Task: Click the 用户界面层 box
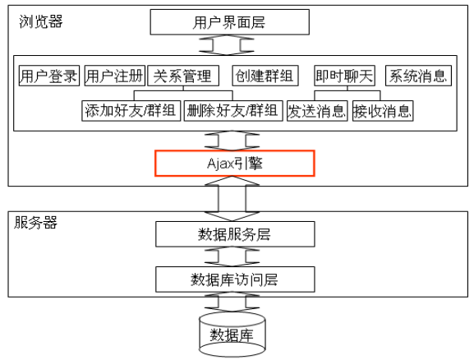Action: click(230, 22)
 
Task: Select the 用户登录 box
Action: click(49, 76)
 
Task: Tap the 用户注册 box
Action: click(114, 76)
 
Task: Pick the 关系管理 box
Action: click(183, 76)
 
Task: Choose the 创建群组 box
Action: click(265, 76)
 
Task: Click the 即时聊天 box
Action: click(345, 76)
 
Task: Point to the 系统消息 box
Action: click(418, 76)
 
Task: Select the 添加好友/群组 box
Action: click(131, 111)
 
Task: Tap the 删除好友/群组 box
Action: click(233, 111)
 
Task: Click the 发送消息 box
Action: click(317, 111)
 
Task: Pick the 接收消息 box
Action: click(383, 111)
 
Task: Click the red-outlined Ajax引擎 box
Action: click(235, 163)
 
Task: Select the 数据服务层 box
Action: click(235, 234)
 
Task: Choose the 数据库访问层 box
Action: click(235, 279)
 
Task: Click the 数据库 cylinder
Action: click(232, 335)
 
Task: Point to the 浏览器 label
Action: click(41, 22)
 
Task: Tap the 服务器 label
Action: click(35, 223)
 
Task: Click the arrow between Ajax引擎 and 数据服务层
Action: click(232, 198)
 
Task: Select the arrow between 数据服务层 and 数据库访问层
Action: click(232, 256)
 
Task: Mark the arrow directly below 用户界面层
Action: click(227, 44)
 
